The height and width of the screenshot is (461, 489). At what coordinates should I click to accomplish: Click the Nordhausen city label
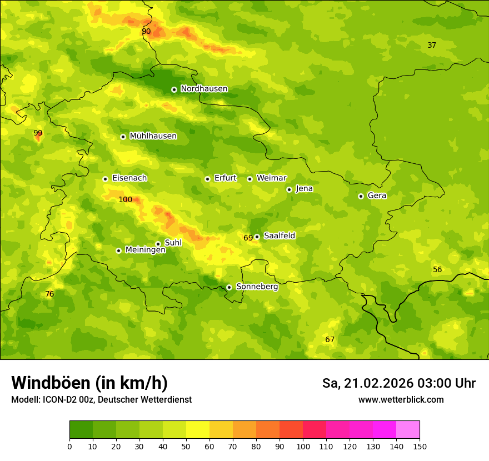tap(204, 89)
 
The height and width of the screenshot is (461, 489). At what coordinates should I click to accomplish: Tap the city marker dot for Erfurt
tap(207, 179)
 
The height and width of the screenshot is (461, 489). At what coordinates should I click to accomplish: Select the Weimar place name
tap(271, 178)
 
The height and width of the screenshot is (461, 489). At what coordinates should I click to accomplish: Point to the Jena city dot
tap(289, 189)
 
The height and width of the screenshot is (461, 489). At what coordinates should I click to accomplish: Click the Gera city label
tap(377, 196)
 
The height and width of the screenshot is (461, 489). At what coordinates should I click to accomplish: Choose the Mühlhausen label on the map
tap(153, 136)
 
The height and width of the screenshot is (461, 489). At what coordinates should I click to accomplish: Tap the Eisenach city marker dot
tap(105, 179)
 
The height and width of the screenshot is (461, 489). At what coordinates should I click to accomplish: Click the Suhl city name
tap(173, 243)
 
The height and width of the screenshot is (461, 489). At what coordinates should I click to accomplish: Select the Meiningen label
tap(145, 250)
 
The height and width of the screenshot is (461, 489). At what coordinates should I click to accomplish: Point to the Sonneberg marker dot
tap(229, 287)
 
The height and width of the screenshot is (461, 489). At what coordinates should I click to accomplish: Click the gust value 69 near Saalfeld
tap(248, 238)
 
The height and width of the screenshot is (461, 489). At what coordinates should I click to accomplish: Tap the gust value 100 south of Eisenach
tap(125, 199)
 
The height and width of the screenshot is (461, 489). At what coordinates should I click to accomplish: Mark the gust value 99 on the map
tap(38, 133)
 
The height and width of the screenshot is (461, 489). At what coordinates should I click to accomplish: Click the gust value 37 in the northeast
tap(432, 45)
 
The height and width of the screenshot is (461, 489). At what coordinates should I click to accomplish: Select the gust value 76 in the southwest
tap(49, 294)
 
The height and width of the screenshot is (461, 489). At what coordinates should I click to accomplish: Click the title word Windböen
tap(51, 383)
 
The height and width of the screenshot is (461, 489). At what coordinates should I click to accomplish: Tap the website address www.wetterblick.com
tap(401, 400)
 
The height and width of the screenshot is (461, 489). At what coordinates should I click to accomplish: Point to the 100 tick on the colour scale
tap(303, 446)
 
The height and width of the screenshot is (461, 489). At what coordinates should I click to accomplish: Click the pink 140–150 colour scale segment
tap(408, 430)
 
